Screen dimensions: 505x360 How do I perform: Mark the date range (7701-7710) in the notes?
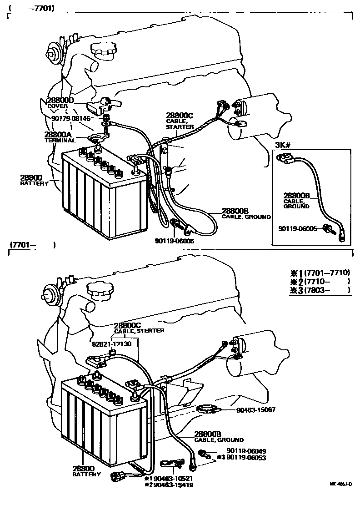click(326, 273)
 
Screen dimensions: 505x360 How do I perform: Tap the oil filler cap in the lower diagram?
click(100, 288)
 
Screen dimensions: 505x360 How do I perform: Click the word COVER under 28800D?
click(57, 106)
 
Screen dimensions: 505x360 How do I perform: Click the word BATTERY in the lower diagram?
click(86, 474)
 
